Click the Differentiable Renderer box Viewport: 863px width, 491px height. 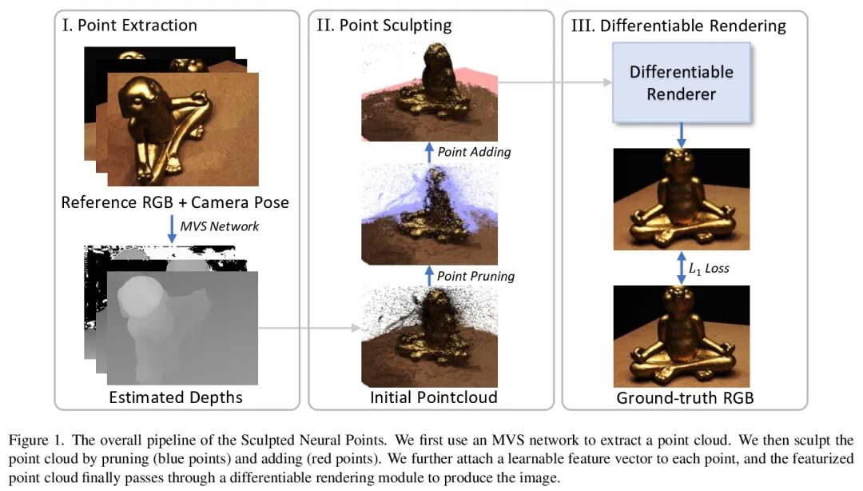click(681, 82)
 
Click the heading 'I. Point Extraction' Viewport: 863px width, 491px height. click(129, 25)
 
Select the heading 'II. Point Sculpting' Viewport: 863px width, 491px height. click(384, 25)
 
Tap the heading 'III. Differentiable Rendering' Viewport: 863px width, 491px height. click(678, 25)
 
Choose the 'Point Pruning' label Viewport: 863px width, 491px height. click(475, 276)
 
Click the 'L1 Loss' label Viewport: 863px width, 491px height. click(709, 269)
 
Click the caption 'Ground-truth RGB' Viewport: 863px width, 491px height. click(681, 397)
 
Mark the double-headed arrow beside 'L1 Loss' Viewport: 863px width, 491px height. click(681, 269)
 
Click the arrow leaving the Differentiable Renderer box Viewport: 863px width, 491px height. click(681, 134)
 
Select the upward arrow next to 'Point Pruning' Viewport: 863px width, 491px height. click(430, 276)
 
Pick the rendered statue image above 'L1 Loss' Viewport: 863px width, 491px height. click(681, 199)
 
